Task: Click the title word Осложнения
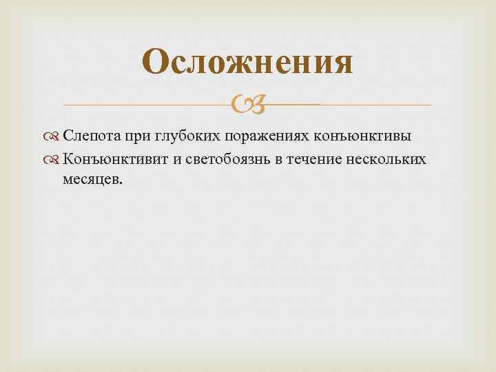pyautogui.click(x=249, y=63)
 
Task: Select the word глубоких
pyautogui.click(x=187, y=136)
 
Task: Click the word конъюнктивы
pyautogui.click(x=362, y=136)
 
